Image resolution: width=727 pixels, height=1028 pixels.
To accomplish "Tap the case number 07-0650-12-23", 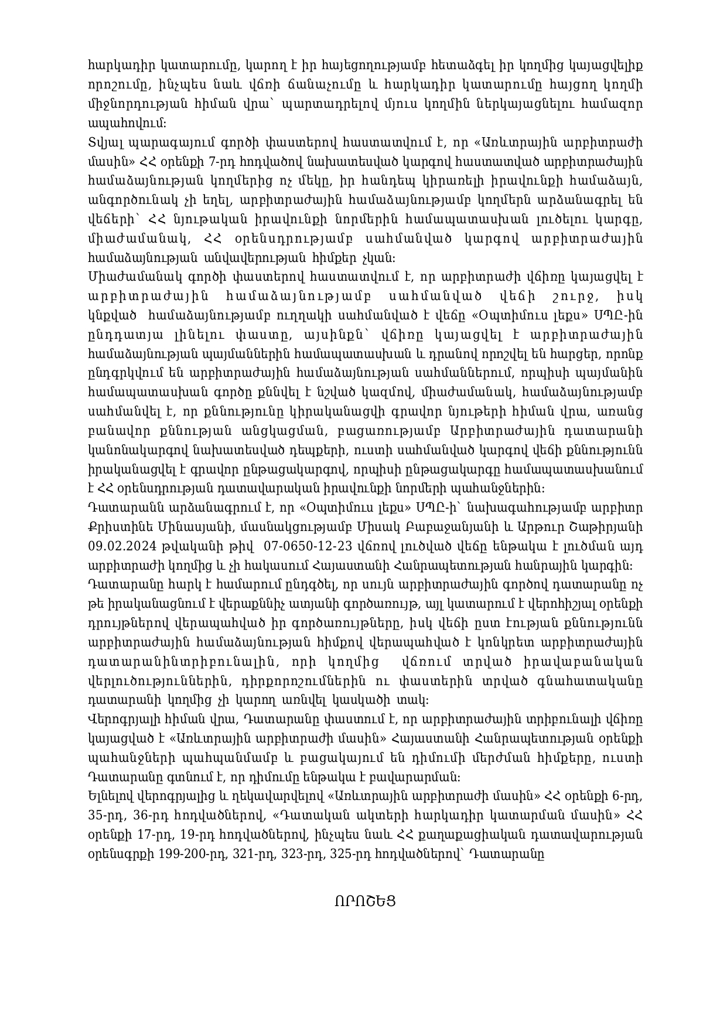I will [308, 546].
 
